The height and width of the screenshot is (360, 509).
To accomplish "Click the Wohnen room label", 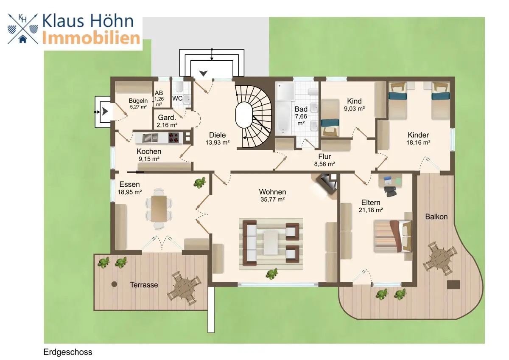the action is pyautogui.click(x=272, y=192).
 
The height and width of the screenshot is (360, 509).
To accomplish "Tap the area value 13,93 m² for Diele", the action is pyautogui.click(x=218, y=143).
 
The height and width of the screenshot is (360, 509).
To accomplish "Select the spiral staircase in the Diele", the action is pyautogui.click(x=253, y=116).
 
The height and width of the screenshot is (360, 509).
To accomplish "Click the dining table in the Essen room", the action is pyautogui.click(x=159, y=208).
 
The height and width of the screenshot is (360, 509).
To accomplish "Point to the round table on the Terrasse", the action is pyautogui.click(x=184, y=288).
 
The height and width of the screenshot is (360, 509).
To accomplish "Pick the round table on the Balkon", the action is pyautogui.click(x=440, y=259).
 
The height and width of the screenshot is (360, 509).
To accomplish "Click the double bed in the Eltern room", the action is pyautogui.click(x=393, y=236).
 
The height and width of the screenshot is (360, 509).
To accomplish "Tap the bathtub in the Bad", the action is pyautogui.click(x=283, y=118).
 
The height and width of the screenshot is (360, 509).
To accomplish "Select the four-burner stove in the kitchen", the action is pyautogui.click(x=173, y=138).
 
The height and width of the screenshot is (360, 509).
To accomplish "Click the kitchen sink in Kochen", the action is pyautogui.click(x=150, y=138).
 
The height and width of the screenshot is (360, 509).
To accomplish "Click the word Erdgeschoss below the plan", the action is pyautogui.click(x=68, y=352).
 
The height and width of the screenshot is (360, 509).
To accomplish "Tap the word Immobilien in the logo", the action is pyautogui.click(x=91, y=38).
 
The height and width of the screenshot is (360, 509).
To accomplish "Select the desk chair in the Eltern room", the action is pyautogui.click(x=390, y=191).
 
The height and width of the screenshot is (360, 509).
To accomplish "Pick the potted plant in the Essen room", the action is pyautogui.click(x=199, y=183).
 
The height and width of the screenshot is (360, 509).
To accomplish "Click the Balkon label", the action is pyautogui.click(x=436, y=217).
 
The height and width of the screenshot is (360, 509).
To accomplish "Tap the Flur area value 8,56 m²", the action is pyautogui.click(x=324, y=164).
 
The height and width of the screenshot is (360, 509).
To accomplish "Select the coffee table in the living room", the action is pyautogui.click(x=271, y=242).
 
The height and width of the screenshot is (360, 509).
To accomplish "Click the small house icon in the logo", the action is pyautogui.click(x=23, y=39).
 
